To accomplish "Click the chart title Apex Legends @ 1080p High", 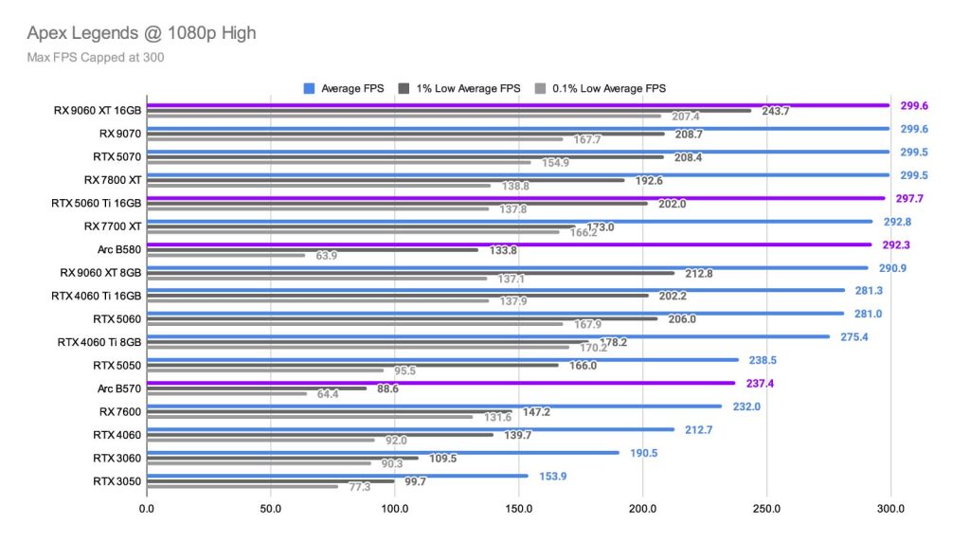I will [141, 33].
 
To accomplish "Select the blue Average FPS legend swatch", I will [309, 88].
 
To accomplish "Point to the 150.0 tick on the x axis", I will [519, 508].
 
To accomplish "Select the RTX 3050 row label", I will [117, 480].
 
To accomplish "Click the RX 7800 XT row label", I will [113, 179].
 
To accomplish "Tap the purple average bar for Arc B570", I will [440, 383].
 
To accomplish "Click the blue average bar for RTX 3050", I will [337, 476].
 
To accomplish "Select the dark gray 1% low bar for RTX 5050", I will [352, 365].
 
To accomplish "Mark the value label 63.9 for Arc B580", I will [326, 255].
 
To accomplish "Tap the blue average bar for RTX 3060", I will [383, 452].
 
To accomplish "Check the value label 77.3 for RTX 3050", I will [358, 487].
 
